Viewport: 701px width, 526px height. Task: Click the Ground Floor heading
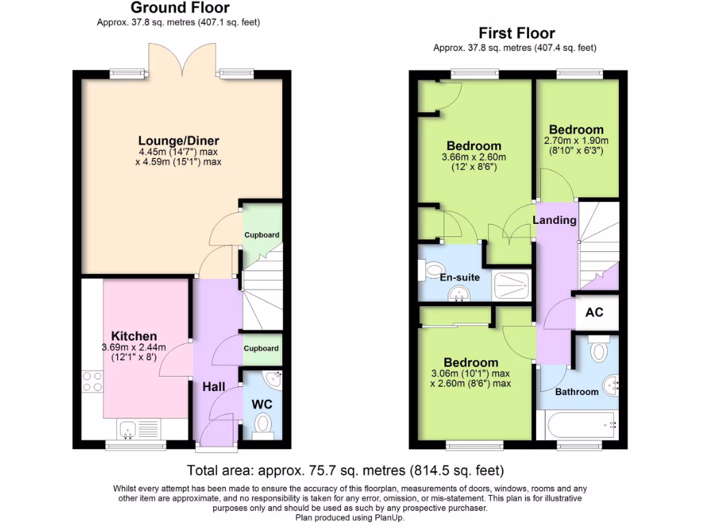180,8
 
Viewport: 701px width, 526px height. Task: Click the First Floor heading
516,33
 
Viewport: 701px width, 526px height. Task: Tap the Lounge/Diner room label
179,141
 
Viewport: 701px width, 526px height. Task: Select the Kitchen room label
134,336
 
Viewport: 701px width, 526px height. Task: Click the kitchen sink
128,429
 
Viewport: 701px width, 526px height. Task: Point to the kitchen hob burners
92,381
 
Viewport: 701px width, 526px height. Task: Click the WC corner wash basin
275,378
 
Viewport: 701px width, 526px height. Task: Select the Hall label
214,387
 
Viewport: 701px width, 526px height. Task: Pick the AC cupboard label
594,312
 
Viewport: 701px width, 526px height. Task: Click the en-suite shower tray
511,285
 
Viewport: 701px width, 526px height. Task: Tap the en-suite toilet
432,271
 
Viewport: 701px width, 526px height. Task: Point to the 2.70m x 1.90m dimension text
576,141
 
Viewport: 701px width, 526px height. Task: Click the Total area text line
346,471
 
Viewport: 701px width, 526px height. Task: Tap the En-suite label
459,277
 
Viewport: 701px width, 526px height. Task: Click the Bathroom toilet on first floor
599,350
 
